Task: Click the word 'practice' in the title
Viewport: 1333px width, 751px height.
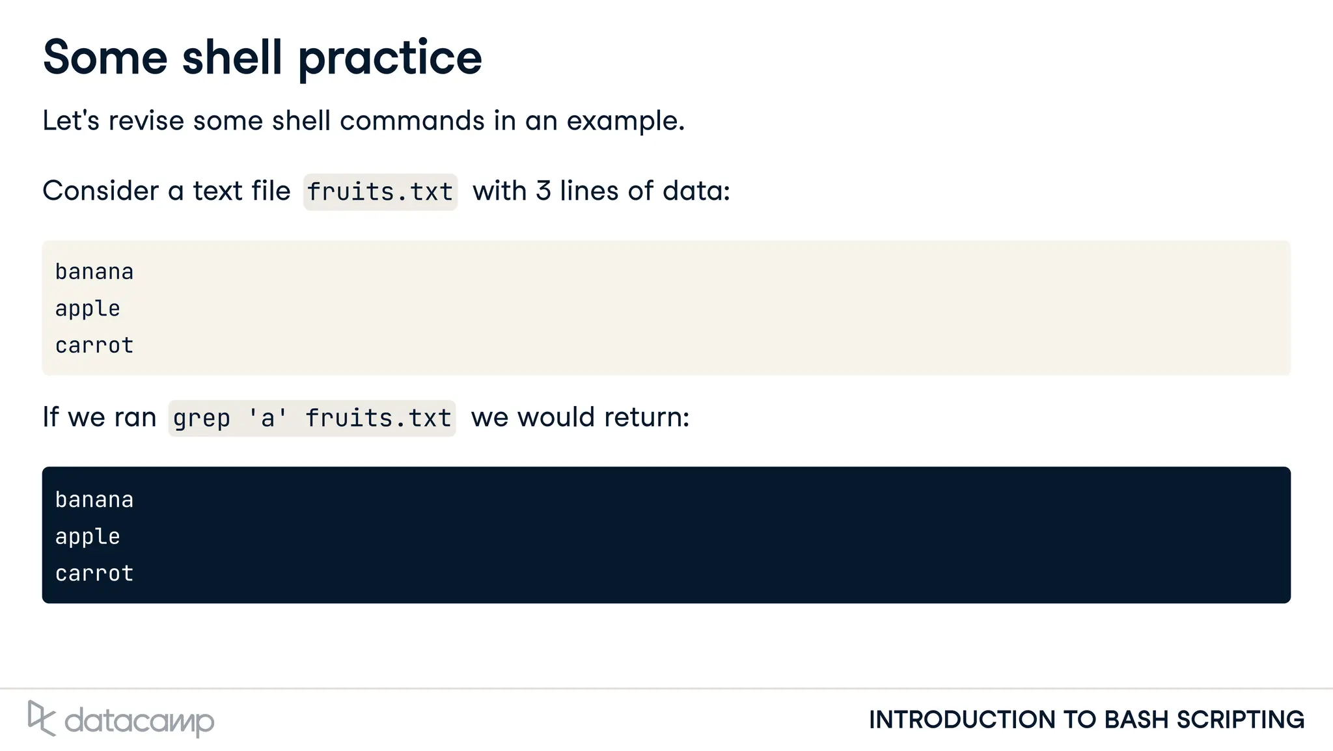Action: (x=390, y=59)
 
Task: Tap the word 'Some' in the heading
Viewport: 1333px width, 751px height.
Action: (x=105, y=57)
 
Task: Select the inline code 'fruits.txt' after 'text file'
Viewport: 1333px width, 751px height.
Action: (x=380, y=192)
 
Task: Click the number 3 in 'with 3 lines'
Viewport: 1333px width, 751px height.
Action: (x=543, y=191)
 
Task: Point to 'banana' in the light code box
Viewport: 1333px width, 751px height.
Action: (x=94, y=272)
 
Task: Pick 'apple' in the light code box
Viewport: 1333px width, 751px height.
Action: (x=88, y=308)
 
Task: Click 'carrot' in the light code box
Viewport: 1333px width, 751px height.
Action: (x=94, y=346)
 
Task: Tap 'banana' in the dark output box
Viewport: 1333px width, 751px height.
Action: (x=94, y=500)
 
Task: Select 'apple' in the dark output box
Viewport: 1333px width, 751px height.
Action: (x=88, y=537)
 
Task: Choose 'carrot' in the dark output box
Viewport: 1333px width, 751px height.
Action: (x=94, y=573)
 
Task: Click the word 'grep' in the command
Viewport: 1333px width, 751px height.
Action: (x=202, y=418)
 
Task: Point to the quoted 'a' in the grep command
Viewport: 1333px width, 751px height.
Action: (x=268, y=418)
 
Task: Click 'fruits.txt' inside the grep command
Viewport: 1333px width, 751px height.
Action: (x=378, y=418)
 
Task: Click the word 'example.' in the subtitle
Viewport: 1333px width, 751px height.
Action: (x=625, y=121)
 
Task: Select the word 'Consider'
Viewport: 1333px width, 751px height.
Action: (x=101, y=191)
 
